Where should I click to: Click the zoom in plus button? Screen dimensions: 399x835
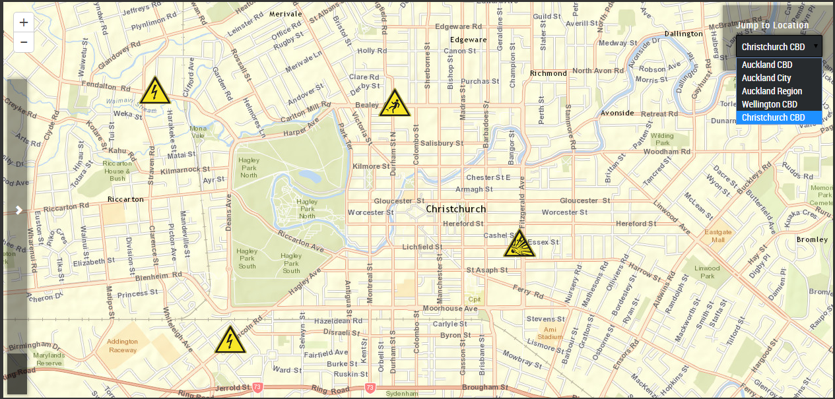[24, 22]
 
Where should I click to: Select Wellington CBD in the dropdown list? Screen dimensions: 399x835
[769, 104]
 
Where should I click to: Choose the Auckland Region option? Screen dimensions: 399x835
[772, 91]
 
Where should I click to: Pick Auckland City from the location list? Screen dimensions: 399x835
[766, 78]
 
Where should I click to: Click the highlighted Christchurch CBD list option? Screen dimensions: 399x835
[773, 117]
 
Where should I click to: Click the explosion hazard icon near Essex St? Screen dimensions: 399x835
[519, 244]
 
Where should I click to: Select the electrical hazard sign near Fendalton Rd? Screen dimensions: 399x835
[155, 92]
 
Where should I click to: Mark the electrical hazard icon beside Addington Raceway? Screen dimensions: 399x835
[230, 340]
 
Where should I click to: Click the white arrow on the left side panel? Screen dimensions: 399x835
[19, 210]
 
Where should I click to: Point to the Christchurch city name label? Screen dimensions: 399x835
[455, 209]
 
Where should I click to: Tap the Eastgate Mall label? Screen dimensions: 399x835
[718, 236]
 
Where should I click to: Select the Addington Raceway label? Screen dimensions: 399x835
[122, 346]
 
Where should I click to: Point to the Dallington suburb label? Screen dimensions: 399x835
[683, 34]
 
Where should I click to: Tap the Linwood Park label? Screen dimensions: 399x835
[707, 272]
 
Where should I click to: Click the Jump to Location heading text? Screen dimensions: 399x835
[772, 26]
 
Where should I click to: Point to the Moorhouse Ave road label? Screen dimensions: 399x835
[450, 308]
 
